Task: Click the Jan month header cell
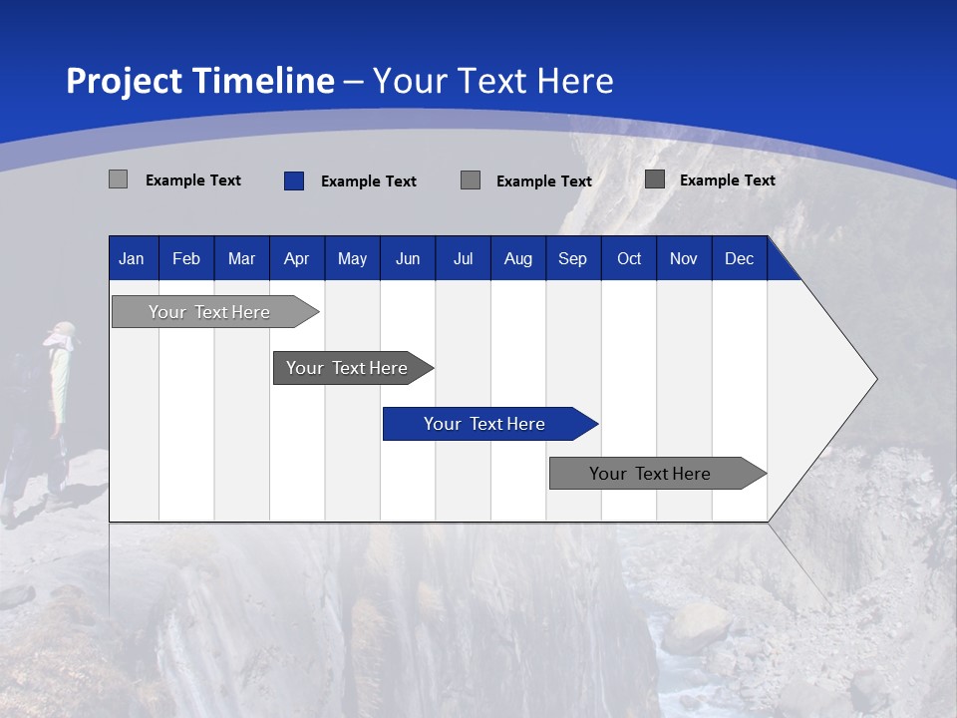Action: point(132,259)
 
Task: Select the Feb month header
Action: point(186,259)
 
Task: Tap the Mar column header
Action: point(241,259)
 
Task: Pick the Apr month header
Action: point(297,259)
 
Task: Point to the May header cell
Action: point(352,259)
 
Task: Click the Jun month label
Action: point(408,259)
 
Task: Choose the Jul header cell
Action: point(463,259)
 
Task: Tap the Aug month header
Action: point(518,259)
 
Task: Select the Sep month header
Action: point(573,259)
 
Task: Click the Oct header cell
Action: point(629,259)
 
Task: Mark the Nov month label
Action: point(684,259)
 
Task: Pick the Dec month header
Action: point(739,259)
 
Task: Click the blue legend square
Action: point(294,180)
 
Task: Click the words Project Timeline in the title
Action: point(200,81)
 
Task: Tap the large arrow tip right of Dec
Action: point(847,379)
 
